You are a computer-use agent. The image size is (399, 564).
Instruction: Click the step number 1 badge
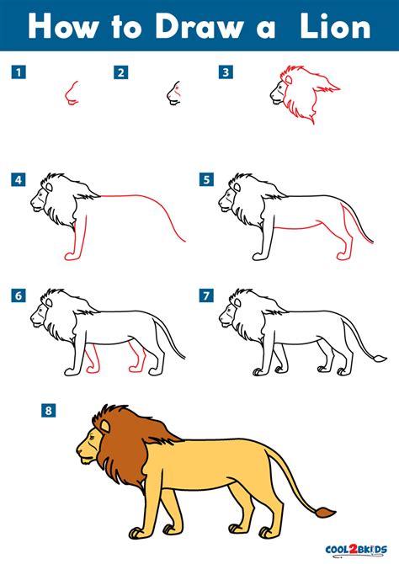click(x=19, y=72)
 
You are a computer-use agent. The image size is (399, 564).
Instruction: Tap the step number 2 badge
click(x=121, y=72)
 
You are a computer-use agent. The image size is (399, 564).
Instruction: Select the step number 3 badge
click(x=226, y=72)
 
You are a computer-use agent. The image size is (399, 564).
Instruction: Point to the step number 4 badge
click(x=19, y=179)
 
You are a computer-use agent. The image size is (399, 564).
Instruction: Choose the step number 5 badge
click(x=206, y=179)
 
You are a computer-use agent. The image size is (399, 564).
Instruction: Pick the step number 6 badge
click(x=19, y=295)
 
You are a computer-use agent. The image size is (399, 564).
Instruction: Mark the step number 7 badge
click(x=206, y=295)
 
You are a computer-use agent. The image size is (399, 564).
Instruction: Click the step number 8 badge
click(x=48, y=411)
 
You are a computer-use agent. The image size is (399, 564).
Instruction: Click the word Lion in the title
click(x=335, y=27)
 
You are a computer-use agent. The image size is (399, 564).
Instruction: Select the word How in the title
click(x=63, y=27)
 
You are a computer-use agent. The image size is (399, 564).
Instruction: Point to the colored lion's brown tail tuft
click(x=325, y=512)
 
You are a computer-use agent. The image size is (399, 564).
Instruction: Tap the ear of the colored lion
click(x=105, y=426)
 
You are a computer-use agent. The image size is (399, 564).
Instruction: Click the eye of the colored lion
click(x=92, y=437)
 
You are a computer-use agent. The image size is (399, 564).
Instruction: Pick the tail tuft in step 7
click(x=380, y=358)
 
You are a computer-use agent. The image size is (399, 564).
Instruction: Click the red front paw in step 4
click(x=72, y=256)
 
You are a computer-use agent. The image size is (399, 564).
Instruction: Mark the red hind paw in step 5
click(x=344, y=256)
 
